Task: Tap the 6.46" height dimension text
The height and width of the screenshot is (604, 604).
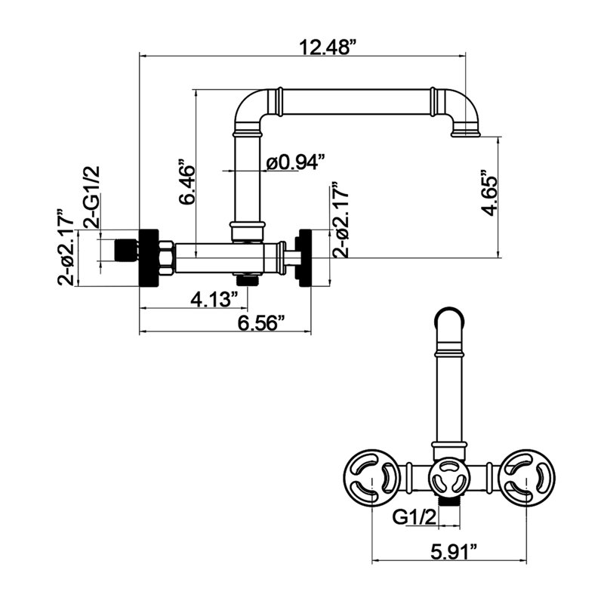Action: pyautogui.click(x=186, y=182)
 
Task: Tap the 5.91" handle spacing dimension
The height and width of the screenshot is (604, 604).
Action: pyautogui.click(x=454, y=552)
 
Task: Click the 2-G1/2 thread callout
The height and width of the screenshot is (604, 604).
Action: pyautogui.click(x=91, y=197)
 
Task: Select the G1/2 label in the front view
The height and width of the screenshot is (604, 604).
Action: pyautogui.click(x=414, y=516)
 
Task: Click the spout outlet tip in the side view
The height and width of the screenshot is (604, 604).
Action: pyautogui.click(x=466, y=134)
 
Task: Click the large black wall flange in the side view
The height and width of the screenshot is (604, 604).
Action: pyautogui.click(x=149, y=257)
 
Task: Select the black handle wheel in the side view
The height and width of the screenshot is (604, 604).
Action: pyautogui.click(x=303, y=257)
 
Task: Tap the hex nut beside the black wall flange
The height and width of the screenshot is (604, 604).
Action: pyautogui.click(x=166, y=257)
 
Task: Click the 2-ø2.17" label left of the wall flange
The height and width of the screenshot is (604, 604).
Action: pyautogui.click(x=66, y=248)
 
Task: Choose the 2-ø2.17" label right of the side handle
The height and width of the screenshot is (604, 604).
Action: pyautogui.click(x=341, y=220)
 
